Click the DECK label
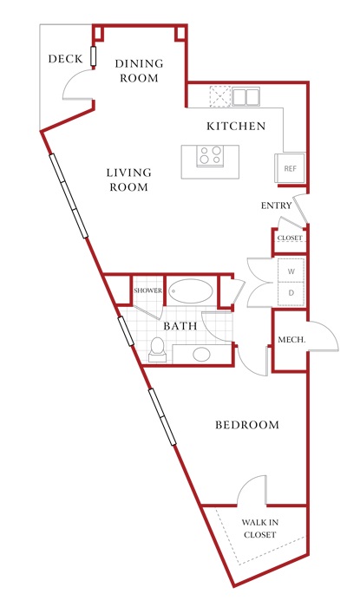(65, 59)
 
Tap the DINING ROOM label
(140, 70)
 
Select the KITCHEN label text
(236, 127)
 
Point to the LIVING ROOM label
(129, 179)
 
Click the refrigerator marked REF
(291, 168)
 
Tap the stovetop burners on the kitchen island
(210, 155)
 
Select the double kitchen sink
(245, 97)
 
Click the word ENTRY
(277, 206)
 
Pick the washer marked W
(291, 271)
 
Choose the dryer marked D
(291, 293)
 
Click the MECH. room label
(291, 340)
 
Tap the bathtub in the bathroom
(191, 291)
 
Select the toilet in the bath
(158, 349)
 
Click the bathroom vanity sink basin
(201, 354)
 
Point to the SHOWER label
(148, 290)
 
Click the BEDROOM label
(247, 425)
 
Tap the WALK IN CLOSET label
(259, 528)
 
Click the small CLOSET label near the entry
(290, 238)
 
